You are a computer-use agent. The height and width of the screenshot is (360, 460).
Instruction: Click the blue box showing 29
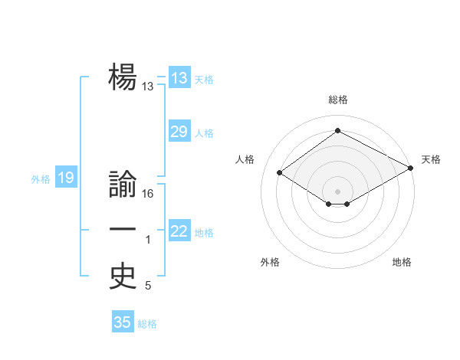pyautogui.click(x=179, y=132)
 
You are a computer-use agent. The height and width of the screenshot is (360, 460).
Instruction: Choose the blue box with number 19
pyautogui.click(x=66, y=178)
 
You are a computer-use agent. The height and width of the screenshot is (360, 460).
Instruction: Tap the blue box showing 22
pyautogui.click(x=179, y=231)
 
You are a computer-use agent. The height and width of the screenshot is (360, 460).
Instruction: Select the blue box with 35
pyautogui.click(x=123, y=322)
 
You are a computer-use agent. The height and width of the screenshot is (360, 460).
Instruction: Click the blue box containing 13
pyautogui.click(x=179, y=78)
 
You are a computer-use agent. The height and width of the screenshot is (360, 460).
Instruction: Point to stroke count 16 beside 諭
pyautogui.click(x=148, y=194)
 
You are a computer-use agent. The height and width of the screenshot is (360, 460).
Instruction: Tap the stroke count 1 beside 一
pyautogui.click(x=148, y=241)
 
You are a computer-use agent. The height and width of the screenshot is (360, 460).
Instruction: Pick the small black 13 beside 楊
pyautogui.click(x=148, y=87)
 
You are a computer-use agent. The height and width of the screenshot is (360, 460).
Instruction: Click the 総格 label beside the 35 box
pyautogui.click(x=147, y=323)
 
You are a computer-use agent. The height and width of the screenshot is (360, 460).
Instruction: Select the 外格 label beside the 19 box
pyautogui.click(x=41, y=179)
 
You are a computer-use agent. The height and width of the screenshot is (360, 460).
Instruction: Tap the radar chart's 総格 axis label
pyautogui.click(x=337, y=100)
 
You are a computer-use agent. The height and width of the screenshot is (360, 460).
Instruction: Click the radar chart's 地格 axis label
pyautogui.click(x=402, y=262)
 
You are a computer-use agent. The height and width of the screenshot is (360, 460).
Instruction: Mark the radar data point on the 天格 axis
pyautogui.click(x=411, y=168)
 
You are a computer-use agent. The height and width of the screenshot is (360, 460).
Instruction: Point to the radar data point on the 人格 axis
pyautogui.click(x=279, y=173)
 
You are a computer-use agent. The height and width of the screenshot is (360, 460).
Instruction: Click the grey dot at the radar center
pyautogui.click(x=337, y=191)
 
